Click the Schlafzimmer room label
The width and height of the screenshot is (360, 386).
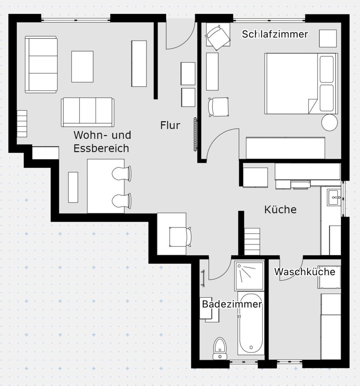(275, 34)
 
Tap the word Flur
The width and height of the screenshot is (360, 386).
(170, 125)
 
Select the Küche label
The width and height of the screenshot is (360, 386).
(280, 210)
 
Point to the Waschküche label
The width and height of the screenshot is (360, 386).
(304, 271)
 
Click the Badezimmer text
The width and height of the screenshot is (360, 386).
(231, 304)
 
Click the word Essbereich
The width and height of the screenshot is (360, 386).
(101, 148)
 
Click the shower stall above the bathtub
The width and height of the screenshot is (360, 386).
(249, 276)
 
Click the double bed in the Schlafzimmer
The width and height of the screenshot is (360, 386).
(300, 83)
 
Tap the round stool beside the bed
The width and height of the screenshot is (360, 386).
(329, 122)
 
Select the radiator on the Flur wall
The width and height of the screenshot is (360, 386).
(195, 134)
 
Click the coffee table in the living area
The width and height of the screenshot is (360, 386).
(82, 66)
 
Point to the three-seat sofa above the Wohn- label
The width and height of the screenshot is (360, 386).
(87, 112)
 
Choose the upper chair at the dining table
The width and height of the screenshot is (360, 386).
(123, 174)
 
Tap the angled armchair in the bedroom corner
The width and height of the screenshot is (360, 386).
(217, 37)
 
